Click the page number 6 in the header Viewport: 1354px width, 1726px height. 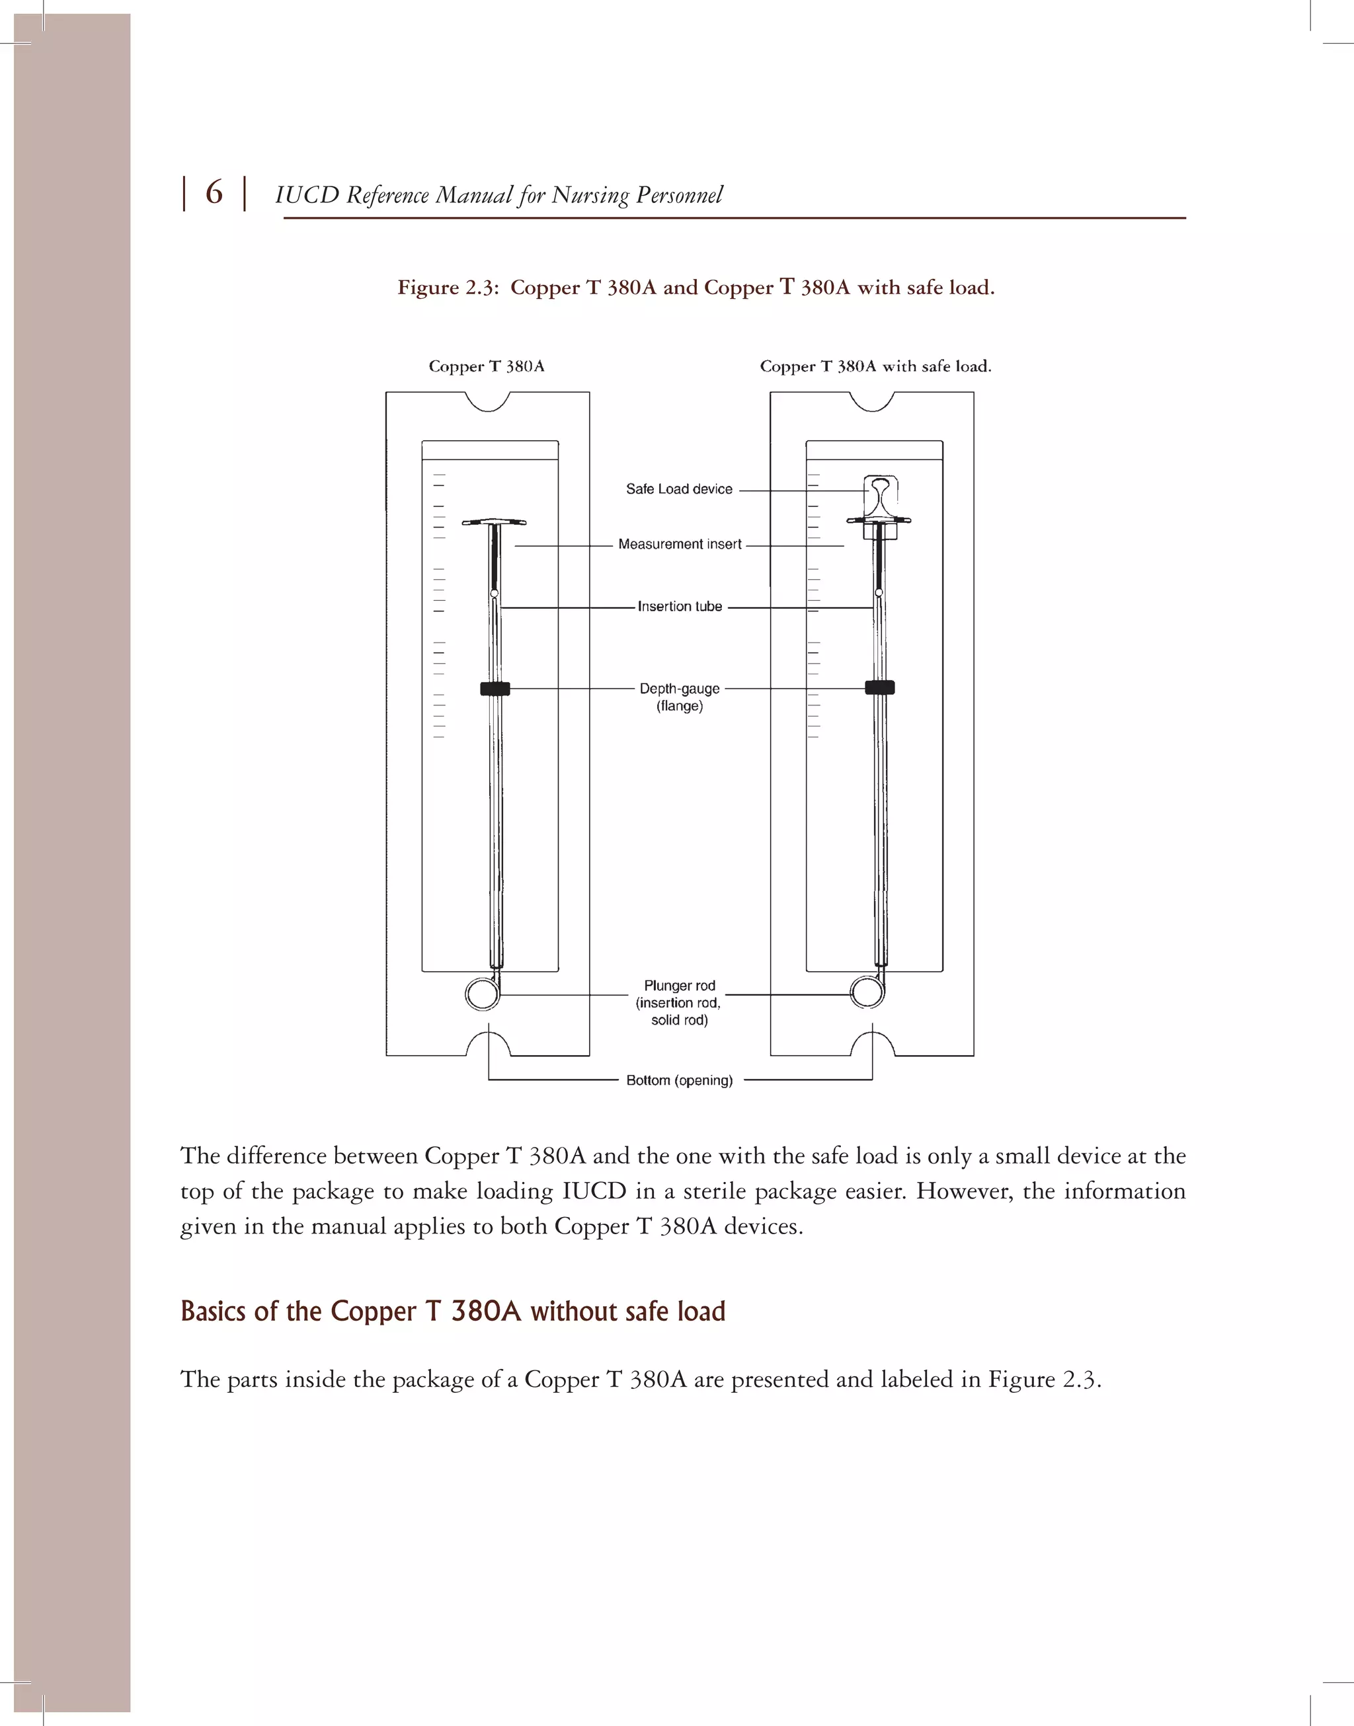tap(214, 192)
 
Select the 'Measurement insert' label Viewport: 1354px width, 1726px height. tap(680, 545)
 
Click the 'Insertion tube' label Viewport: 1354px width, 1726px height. tap(680, 606)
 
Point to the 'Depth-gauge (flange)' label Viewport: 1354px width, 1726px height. tap(680, 697)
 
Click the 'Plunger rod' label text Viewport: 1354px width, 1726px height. tap(680, 986)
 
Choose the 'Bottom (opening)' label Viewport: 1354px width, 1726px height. tap(680, 1080)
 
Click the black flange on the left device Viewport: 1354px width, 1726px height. tap(495, 689)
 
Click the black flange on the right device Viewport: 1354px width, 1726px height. tap(879, 687)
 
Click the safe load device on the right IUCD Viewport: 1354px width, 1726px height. tap(879, 495)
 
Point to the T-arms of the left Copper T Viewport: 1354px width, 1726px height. tap(494, 522)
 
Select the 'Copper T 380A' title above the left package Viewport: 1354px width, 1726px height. tap(486, 366)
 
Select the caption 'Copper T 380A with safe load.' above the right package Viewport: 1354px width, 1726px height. tap(875, 366)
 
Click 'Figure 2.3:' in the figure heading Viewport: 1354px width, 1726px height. tap(448, 288)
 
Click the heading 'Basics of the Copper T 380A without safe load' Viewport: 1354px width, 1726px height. tap(453, 1312)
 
